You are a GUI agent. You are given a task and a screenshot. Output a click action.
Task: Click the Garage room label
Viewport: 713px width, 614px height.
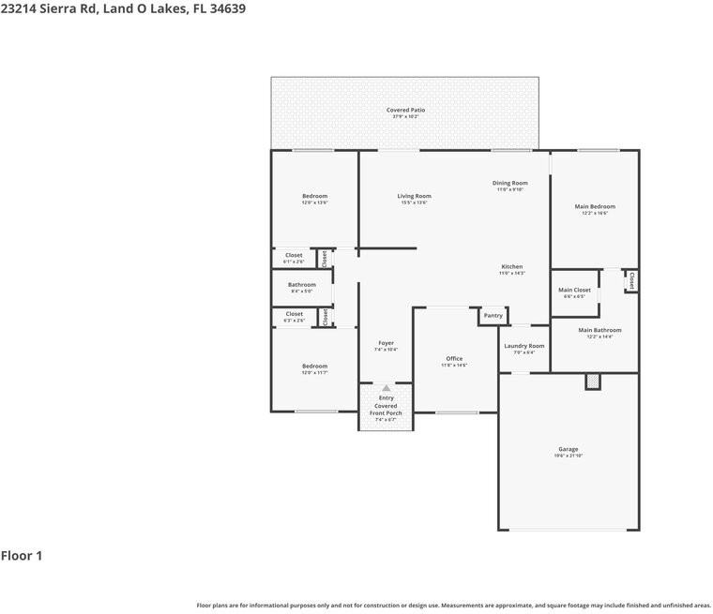569,449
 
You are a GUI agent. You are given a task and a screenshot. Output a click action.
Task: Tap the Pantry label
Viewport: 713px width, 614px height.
493,316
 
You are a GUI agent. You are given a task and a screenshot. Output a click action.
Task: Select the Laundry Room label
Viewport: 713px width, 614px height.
523,346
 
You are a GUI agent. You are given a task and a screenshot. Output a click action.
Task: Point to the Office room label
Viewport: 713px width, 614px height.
454,359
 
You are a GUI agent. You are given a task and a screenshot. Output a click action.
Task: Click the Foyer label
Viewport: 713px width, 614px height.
386,343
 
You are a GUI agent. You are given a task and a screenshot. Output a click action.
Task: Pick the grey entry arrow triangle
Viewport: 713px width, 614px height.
386,387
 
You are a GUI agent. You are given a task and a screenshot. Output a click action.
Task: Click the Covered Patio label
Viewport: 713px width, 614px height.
405,110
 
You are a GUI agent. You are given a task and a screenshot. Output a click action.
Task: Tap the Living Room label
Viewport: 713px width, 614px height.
414,196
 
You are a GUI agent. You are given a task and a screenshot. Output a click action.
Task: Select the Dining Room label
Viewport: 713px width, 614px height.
509,183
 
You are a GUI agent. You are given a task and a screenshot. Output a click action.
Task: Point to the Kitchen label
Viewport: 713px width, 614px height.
511,266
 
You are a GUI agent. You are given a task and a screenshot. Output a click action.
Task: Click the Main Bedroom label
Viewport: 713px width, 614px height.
595,206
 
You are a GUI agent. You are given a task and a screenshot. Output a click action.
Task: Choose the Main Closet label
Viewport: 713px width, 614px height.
574,291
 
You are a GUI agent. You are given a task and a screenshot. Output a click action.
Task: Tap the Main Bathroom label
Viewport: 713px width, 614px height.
599,330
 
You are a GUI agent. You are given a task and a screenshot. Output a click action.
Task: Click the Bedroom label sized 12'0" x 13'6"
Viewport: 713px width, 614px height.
314,196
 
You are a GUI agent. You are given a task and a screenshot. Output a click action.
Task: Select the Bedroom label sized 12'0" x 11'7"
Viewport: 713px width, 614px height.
314,367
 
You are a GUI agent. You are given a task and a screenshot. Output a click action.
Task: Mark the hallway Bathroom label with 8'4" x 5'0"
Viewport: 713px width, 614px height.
302,285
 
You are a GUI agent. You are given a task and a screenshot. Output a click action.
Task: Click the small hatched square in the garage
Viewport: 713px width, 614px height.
592,381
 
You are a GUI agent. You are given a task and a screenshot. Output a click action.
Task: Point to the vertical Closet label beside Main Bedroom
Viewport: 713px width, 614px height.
631,280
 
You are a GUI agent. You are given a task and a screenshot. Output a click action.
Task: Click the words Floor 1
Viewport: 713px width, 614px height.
22,556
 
